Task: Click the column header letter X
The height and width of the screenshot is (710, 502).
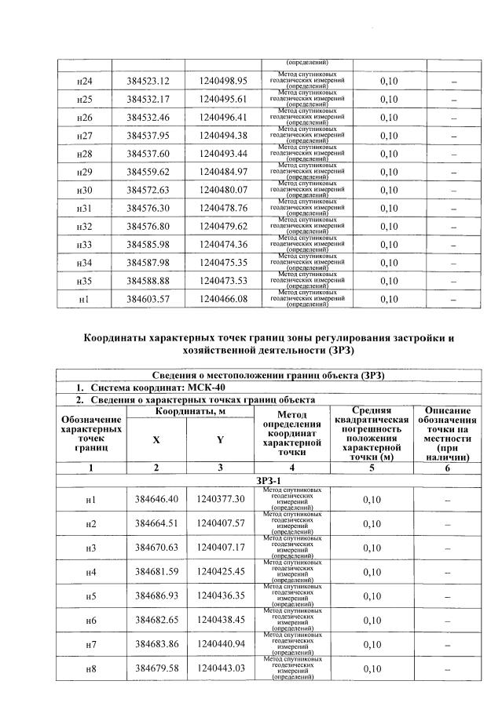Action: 156,440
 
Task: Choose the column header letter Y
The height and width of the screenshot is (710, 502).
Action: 220,440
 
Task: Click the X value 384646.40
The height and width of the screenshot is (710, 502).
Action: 156,499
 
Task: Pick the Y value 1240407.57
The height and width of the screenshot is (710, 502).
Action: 221,523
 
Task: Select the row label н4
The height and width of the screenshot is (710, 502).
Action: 90,573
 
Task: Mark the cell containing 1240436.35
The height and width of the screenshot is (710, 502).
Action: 221,597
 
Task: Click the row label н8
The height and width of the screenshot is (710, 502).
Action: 90,670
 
